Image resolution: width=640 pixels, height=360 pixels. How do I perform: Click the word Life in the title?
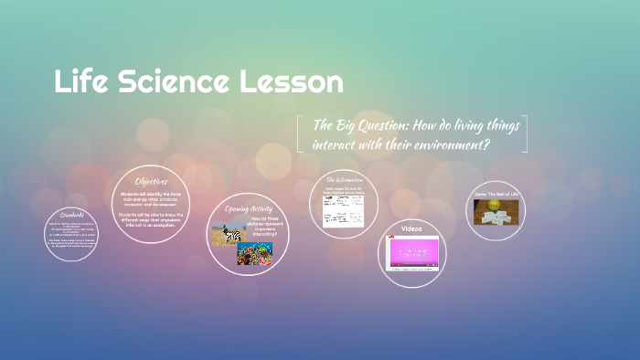(77, 81)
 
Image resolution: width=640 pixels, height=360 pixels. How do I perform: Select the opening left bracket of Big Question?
(301, 133)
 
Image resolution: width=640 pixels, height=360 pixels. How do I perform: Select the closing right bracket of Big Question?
(524, 133)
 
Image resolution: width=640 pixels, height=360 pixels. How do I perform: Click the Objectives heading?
(151, 181)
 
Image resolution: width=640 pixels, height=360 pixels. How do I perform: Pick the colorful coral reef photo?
(255, 253)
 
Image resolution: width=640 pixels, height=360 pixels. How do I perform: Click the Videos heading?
(411, 228)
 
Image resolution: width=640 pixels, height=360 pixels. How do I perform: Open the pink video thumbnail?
(413, 253)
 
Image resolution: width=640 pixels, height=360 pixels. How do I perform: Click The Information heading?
(343, 179)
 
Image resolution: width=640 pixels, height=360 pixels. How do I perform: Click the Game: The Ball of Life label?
(496, 194)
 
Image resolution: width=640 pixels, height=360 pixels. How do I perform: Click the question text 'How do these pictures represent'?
(271, 225)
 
